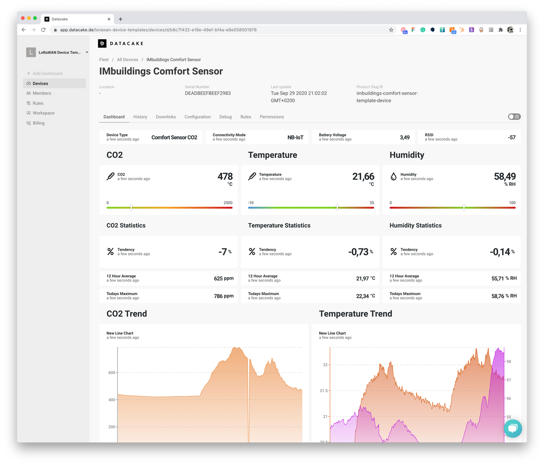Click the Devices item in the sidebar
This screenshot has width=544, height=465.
40,83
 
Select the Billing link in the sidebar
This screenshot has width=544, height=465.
38,123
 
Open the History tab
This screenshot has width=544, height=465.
140,117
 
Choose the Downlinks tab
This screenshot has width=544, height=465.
166,117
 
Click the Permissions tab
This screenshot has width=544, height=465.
272,117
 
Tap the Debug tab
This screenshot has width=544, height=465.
225,117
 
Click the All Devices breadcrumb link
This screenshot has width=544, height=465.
127,60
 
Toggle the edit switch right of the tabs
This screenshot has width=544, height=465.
514,117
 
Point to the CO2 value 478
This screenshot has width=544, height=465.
225,176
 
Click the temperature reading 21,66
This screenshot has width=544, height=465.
363,176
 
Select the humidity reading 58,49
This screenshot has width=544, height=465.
504,176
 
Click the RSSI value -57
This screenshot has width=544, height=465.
511,137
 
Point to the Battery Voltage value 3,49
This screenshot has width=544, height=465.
404,137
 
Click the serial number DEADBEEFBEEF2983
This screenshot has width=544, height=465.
208,94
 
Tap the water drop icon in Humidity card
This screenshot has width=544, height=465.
393,176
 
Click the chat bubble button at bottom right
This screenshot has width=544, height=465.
513,428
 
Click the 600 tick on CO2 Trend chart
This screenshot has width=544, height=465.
112,373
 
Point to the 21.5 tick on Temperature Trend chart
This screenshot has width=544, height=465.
324,391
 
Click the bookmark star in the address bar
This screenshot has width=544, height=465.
391,30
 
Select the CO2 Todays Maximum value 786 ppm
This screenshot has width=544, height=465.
223,296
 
